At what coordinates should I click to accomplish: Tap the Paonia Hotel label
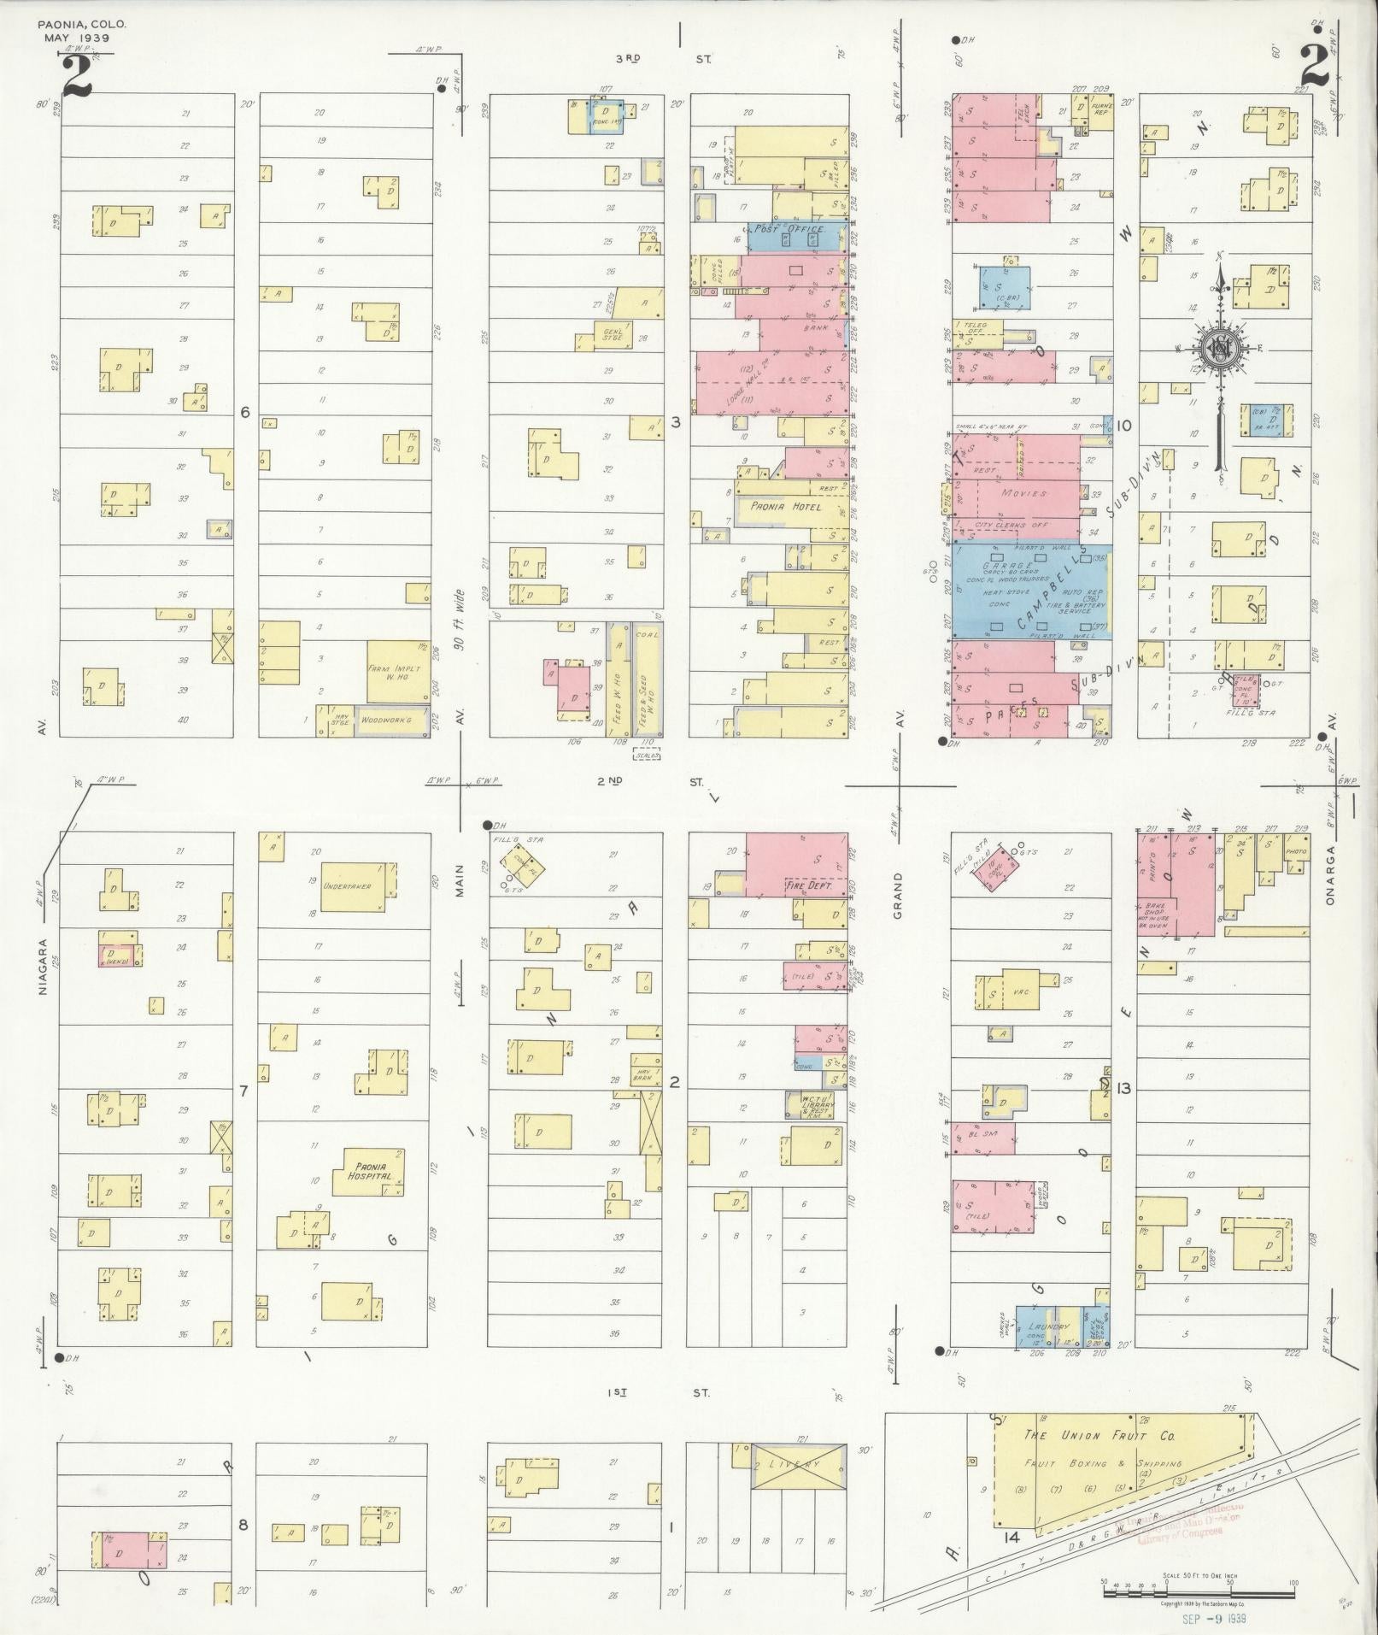click(x=786, y=507)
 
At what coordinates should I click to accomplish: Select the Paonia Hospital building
click(x=372, y=1171)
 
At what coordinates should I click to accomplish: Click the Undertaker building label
click(x=347, y=886)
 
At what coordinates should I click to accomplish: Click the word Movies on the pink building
click(x=1024, y=493)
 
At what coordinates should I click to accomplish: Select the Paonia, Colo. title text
click(x=82, y=24)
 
